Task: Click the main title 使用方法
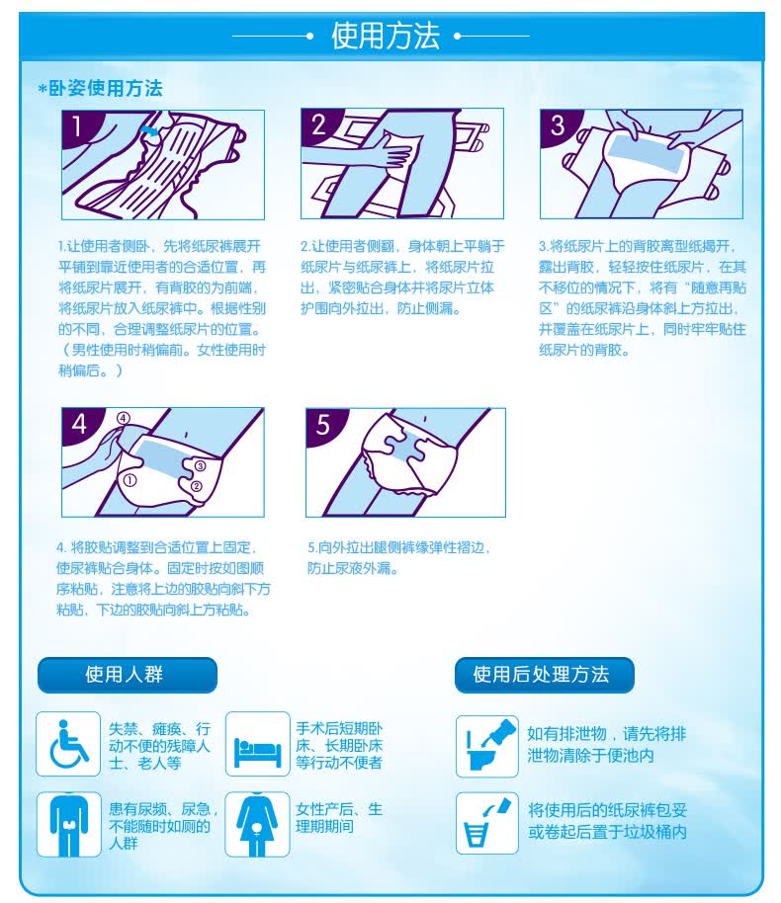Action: click(385, 36)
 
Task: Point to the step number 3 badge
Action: click(557, 124)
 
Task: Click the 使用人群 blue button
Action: click(128, 675)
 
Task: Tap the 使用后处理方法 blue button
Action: click(544, 675)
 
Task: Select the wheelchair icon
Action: click(68, 744)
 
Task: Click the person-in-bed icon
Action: click(257, 744)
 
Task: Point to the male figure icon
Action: click(68, 824)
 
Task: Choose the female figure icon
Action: click(257, 824)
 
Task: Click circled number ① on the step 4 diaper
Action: click(130, 480)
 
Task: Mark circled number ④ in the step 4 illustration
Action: click(124, 418)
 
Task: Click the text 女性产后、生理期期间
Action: click(339, 818)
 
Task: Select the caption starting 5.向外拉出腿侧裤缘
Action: click(398, 557)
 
